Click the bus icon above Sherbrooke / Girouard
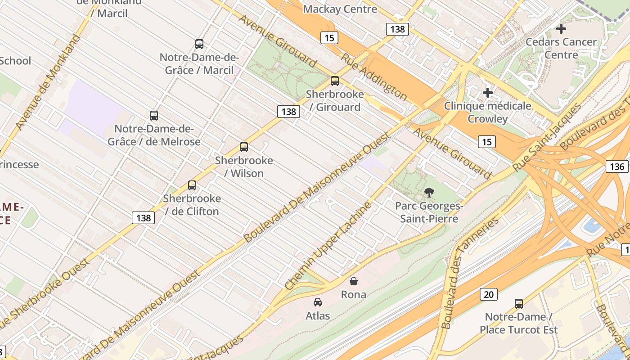point(334,81)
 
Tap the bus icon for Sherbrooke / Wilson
point(244,147)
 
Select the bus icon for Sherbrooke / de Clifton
point(192,185)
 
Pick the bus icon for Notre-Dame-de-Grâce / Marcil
point(199,44)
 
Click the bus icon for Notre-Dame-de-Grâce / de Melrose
point(154,116)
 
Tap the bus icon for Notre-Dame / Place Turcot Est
point(518,304)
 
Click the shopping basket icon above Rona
point(354,281)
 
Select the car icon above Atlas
point(318,302)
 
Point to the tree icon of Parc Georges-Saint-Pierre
point(429,193)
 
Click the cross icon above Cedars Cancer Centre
point(561,29)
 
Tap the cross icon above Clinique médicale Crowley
point(488,93)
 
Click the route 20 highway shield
point(488,294)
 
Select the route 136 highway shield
point(616,166)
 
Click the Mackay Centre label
point(340,9)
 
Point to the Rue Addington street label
point(373,76)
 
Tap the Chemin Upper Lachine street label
point(328,246)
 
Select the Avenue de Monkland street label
point(48,82)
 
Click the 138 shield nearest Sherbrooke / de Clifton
point(144,218)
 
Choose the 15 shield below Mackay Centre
point(329,38)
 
